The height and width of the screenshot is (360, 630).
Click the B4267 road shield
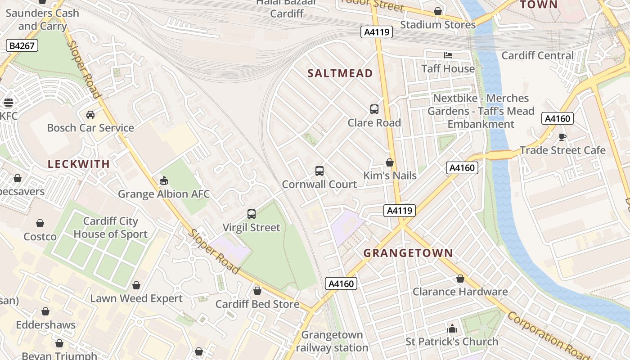click(x=22, y=45)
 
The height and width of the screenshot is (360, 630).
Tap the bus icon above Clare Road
click(x=374, y=109)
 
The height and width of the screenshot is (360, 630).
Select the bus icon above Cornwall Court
click(x=319, y=171)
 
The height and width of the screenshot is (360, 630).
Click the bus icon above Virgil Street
click(x=252, y=214)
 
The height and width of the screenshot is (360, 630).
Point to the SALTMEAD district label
click(x=340, y=73)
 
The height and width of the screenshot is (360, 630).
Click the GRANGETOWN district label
click(x=408, y=253)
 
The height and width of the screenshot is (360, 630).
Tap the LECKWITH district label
click(x=79, y=164)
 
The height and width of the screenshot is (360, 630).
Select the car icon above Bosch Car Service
click(x=90, y=114)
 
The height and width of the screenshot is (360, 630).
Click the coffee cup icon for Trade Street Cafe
click(x=562, y=137)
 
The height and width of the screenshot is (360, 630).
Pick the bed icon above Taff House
click(x=448, y=55)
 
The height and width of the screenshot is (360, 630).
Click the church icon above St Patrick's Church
click(x=452, y=328)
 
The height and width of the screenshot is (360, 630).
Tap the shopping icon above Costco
click(x=40, y=223)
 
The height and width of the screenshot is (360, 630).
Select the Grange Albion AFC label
click(x=164, y=194)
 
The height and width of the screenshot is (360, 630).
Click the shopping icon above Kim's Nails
click(x=390, y=162)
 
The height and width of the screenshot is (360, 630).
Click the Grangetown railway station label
click(x=332, y=341)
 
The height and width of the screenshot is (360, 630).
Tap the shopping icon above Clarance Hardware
click(x=460, y=279)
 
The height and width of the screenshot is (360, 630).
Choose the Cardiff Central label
click(x=537, y=56)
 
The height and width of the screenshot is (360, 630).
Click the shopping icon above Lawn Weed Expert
click(x=136, y=285)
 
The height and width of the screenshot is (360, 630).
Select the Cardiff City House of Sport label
click(x=111, y=228)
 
